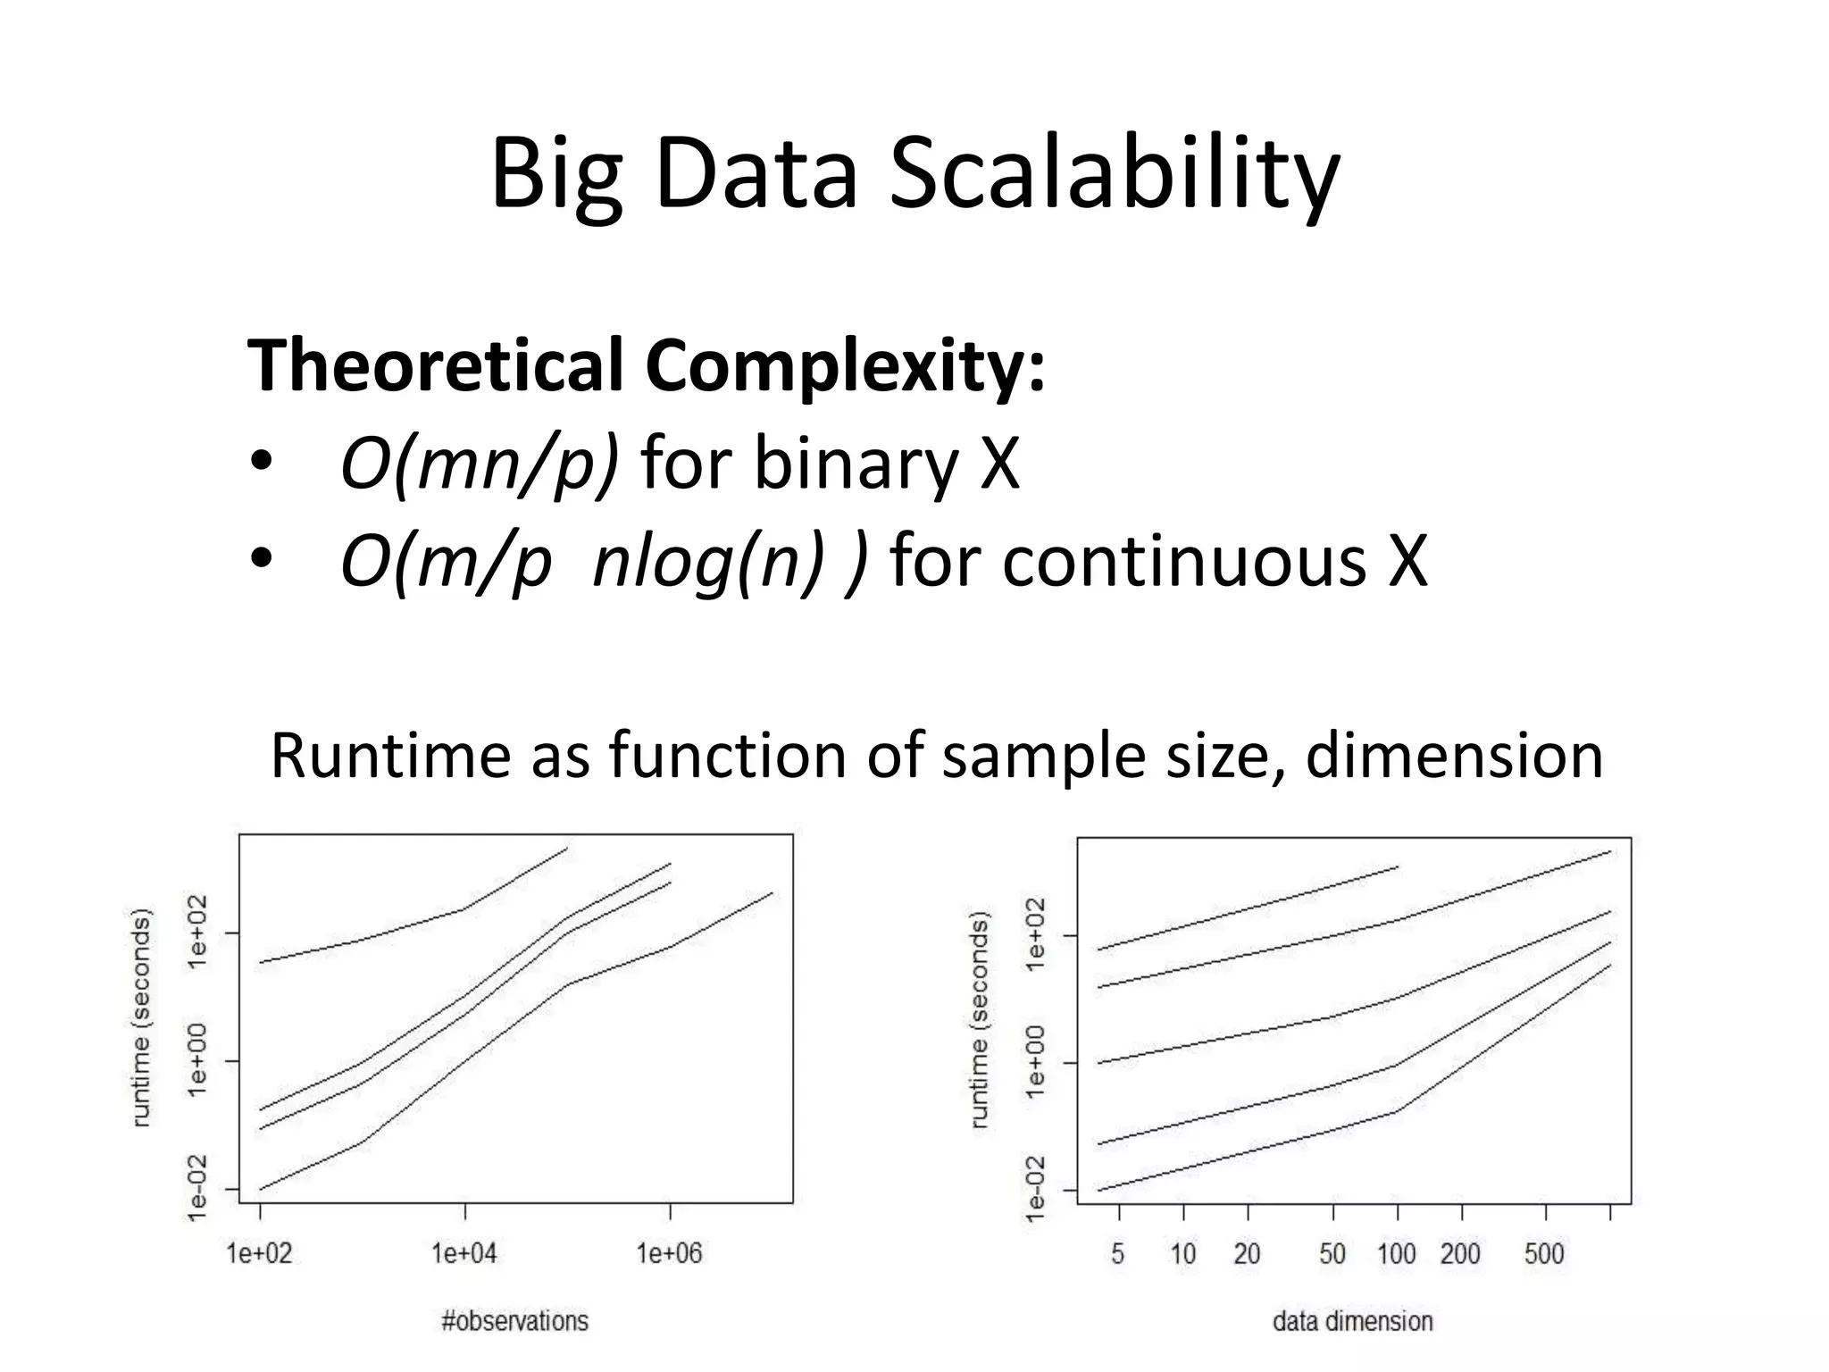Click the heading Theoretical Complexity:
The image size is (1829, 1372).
click(646, 365)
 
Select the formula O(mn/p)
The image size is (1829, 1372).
click(480, 464)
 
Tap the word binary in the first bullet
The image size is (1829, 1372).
click(855, 464)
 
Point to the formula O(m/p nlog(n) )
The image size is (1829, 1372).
click(604, 562)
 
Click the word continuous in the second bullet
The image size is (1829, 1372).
click(1183, 562)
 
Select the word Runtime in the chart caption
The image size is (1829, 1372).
click(391, 756)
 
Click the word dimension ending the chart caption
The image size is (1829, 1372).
click(1453, 756)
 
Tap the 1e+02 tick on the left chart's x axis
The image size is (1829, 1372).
click(260, 1254)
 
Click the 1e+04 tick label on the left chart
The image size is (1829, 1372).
click(464, 1254)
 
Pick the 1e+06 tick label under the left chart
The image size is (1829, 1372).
click(670, 1254)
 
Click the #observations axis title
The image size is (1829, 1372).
click(515, 1321)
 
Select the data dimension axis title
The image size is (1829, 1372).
click(1352, 1321)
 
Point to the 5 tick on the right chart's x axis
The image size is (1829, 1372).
click(1118, 1254)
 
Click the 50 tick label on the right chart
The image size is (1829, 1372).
click(1332, 1254)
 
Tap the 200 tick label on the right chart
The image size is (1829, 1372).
click(1460, 1254)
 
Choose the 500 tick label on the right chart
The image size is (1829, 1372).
click(1544, 1254)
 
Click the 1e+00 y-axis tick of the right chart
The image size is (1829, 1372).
click(1034, 1062)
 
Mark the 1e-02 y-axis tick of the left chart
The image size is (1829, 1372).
click(196, 1188)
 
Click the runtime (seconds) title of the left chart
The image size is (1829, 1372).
click(141, 1018)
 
